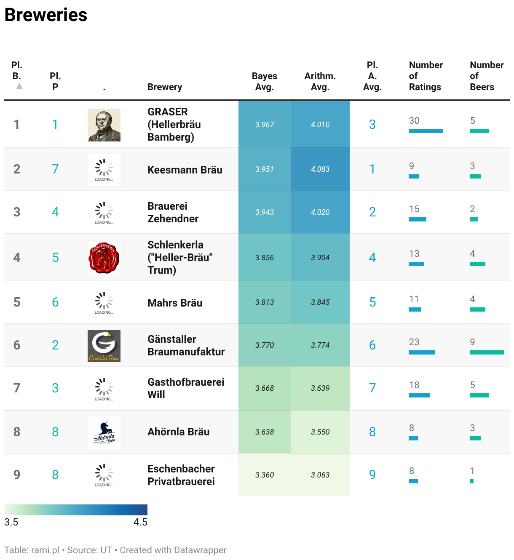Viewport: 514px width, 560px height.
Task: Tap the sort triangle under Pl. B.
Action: point(19,86)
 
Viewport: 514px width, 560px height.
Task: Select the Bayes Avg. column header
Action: point(264,81)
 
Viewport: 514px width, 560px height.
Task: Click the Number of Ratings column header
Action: point(426,76)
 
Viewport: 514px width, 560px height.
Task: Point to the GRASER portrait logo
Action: point(104,125)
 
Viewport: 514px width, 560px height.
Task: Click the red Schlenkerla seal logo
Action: point(104,258)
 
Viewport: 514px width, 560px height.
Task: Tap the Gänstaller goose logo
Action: point(104,346)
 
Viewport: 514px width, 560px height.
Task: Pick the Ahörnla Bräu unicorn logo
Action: point(104,432)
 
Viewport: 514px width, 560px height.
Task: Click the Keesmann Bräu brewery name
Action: point(185,170)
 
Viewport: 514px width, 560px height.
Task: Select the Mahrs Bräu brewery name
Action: point(174,303)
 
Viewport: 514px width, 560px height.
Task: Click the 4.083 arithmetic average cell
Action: point(320,169)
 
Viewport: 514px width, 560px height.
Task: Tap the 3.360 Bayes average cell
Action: point(264,475)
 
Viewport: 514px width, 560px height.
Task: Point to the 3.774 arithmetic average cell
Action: point(320,345)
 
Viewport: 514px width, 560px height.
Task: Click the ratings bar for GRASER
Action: point(426,131)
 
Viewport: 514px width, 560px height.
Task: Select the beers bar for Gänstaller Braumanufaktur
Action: point(487,352)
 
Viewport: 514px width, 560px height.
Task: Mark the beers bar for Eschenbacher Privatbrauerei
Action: point(472,481)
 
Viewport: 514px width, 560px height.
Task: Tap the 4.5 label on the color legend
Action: point(140,522)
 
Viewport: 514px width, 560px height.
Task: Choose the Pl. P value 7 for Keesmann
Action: point(55,169)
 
